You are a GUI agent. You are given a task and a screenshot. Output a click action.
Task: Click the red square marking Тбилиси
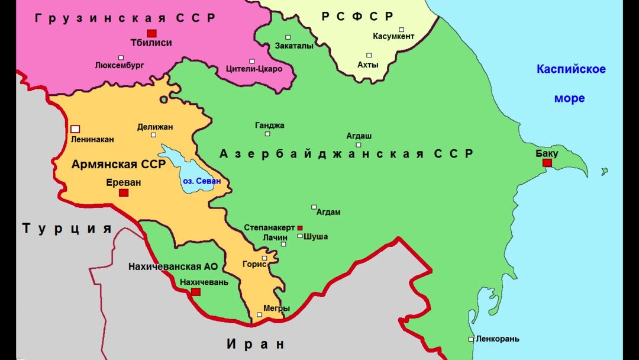point(151,33)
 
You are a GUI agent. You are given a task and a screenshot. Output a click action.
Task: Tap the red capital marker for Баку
point(547,163)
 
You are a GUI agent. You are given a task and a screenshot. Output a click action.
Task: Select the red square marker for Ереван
point(123,192)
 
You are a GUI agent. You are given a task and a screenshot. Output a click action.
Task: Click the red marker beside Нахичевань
point(196,292)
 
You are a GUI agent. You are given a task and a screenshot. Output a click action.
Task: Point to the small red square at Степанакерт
point(300,228)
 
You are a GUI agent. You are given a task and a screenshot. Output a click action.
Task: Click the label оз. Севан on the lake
point(201,181)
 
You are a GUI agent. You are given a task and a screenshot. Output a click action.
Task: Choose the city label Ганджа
point(270,126)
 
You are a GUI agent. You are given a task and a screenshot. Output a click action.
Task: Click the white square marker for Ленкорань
point(471,339)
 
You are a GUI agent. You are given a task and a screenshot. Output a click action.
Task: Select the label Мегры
point(277,308)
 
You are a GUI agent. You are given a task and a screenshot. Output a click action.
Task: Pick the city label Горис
point(254,265)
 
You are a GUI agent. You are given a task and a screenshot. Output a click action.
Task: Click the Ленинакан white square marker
point(75,129)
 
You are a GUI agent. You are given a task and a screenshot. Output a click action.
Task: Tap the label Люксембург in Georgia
point(120,65)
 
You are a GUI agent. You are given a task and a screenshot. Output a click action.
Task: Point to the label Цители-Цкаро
point(254,69)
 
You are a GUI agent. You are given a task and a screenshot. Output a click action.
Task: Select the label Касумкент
point(393,37)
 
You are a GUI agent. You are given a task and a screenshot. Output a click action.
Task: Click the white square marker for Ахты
point(369,56)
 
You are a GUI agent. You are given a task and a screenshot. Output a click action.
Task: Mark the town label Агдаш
point(359,135)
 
